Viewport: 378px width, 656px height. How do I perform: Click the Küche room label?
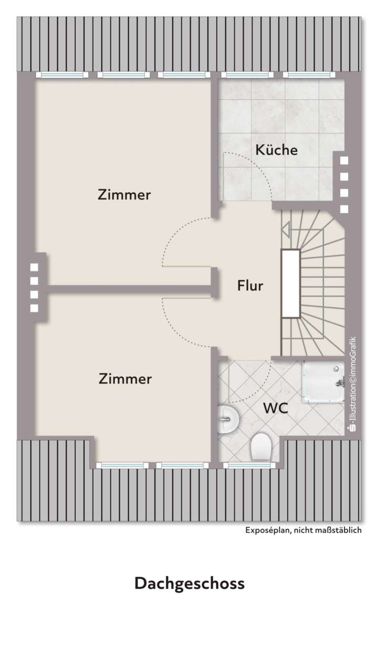coord(277,150)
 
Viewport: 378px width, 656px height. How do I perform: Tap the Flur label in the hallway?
coord(250,286)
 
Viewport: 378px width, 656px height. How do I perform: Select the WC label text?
coord(275,408)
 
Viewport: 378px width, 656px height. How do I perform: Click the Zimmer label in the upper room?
coord(124,195)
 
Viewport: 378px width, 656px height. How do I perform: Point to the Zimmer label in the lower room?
coord(125,379)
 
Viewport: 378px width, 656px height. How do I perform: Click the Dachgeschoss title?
coord(190,584)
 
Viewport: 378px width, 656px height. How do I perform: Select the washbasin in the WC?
coord(227,420)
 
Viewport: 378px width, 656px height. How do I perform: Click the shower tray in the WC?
coord(322,382)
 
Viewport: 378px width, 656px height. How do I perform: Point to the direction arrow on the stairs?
coord(286,228)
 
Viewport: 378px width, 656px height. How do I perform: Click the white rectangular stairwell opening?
coord(290,284)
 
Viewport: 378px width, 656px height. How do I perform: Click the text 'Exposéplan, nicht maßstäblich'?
coord(303,530)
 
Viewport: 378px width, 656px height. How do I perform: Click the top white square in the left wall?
coord(35,267)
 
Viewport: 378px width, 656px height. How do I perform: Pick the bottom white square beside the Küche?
coord(344,209)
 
